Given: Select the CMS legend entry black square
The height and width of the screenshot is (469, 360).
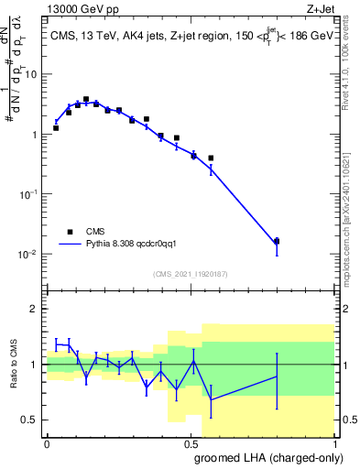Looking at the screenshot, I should (x=70, y=232).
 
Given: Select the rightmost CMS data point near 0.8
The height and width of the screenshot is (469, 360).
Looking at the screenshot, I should (x=277, y=241).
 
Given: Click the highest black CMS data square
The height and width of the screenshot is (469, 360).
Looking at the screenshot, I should (x=86, y=99).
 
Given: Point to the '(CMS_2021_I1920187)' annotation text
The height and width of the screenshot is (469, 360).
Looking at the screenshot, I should (x=190, y=274).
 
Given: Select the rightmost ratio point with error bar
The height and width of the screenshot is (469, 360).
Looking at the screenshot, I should (x=277, y=376).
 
